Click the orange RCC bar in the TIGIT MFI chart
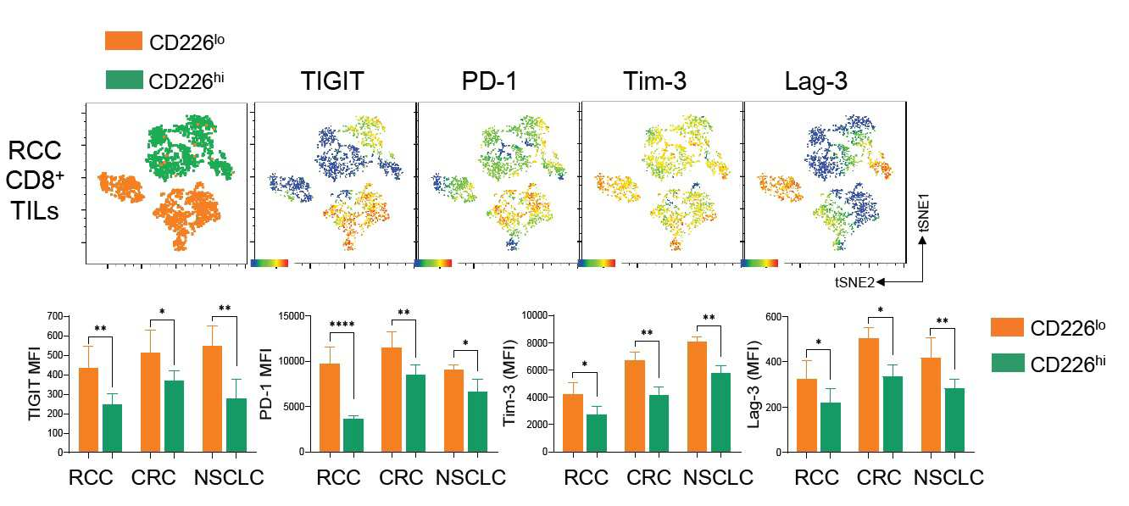pyautogui.click(x=89, y=409)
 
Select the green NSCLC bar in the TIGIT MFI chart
pyautogui.click(x=236, y=425)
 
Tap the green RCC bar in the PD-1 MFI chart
pyautogui.click(x=353, y=436)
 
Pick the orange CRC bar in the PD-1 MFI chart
pyautogui.click(x=392, y=400)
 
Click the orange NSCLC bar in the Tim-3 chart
pyautogui.click(x=697, y=397)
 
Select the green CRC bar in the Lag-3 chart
pyautogui.click(x=893, y=414)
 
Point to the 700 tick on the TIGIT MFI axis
pyautogui.click(x=55, y=316)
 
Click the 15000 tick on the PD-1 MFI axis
pyautogui.click(x=292, y=316)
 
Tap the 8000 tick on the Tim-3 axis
pyautogui.click(x=537, y=342)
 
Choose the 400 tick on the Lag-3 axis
pyautogui.click(x=773, y=362)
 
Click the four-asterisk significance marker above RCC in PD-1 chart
pyautogui.click(x=342, y=324)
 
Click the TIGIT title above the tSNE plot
pyautogui.click(x=332, y=81)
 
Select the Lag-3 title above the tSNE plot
pyautogui.click(x=815, y=81)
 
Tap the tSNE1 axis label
pyautogui.click(x=924, y=214)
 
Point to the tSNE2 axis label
pyautogui.click(x=854, y=282)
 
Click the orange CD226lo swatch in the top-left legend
pyautogui.click(x=124, y=41)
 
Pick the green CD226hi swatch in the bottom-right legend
pyautogui.click(x=1008, y=363)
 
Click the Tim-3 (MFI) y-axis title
pyautogui.click(x=509, y=382)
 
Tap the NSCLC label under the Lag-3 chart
pyautogui.click(x=948, y=478)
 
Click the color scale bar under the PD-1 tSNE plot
pyautogui.click(x=433, y=263)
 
